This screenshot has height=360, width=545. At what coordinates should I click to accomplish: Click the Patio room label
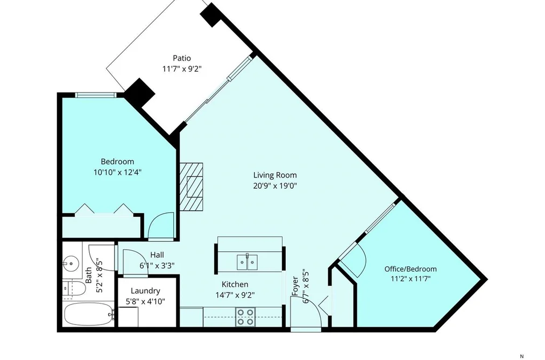point(182,58)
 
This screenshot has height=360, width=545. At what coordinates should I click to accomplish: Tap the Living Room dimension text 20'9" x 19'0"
point(274,186)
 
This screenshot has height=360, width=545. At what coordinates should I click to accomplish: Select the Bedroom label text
point(117,161)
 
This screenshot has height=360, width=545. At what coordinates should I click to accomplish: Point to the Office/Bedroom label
point(410,269)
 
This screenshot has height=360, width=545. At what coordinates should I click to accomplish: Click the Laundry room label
point(145,291)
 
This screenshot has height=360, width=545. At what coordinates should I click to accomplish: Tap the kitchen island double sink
point(247,262)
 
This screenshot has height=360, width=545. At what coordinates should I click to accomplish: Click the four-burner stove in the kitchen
point(245,317)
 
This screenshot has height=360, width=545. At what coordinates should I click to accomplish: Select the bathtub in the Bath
point(89,314)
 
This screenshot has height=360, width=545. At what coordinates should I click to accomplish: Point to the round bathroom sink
point(71,263)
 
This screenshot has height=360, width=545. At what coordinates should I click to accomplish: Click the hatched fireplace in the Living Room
point(191,187)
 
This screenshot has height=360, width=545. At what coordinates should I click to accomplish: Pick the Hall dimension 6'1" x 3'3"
point(157,265)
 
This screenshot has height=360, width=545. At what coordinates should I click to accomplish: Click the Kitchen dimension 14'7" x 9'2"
point(235,295)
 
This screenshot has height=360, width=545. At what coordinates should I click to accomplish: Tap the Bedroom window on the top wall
point(95,95)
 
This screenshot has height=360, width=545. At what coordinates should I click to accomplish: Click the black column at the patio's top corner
point(211,15)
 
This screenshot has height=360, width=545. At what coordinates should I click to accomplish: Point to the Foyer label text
point(295,286)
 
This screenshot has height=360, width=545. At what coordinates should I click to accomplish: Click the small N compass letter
point(521,356)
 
